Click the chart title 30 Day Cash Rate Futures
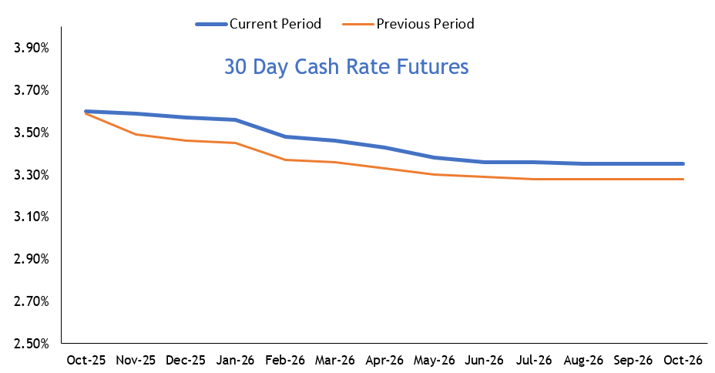click(346, 67)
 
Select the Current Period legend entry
click(275, 24)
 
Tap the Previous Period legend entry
click(425, 24)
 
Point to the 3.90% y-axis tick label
click(32, 49)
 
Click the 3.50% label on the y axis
click(32, 133)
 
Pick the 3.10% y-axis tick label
click(32, 217)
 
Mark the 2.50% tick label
click(32, 343)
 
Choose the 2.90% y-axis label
click(32, 259)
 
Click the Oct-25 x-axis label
click(86, 360)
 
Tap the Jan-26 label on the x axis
click(236, 360)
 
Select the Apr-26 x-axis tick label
click(385, 360)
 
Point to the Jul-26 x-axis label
click(534, 360)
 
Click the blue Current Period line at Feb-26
click(285, 136)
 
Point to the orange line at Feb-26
click(285, 160)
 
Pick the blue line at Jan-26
click(236, 119)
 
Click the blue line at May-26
click(435, 157)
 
